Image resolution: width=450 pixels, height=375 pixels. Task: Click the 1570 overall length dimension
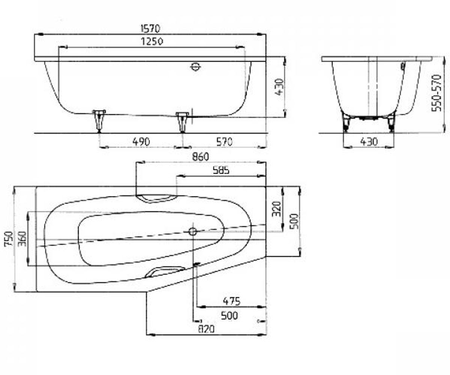[x=150, y=28]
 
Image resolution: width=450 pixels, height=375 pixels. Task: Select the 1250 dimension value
[x=152, y=41]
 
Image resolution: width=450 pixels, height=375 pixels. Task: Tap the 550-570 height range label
[x=436, y=93]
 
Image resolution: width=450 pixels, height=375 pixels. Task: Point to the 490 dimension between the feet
[x=141, y=142]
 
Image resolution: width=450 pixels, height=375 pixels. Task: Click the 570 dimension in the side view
[x=224, y=142]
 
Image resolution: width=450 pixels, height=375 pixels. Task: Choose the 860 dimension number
[x=200, y=157]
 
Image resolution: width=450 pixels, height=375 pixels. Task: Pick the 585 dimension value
[x=221, y=171]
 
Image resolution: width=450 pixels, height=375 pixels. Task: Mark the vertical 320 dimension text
[x=277, y=209]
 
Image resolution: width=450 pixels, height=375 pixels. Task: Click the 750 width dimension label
[x=9, y=239]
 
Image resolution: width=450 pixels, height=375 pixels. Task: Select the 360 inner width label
[x=22, y=239]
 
